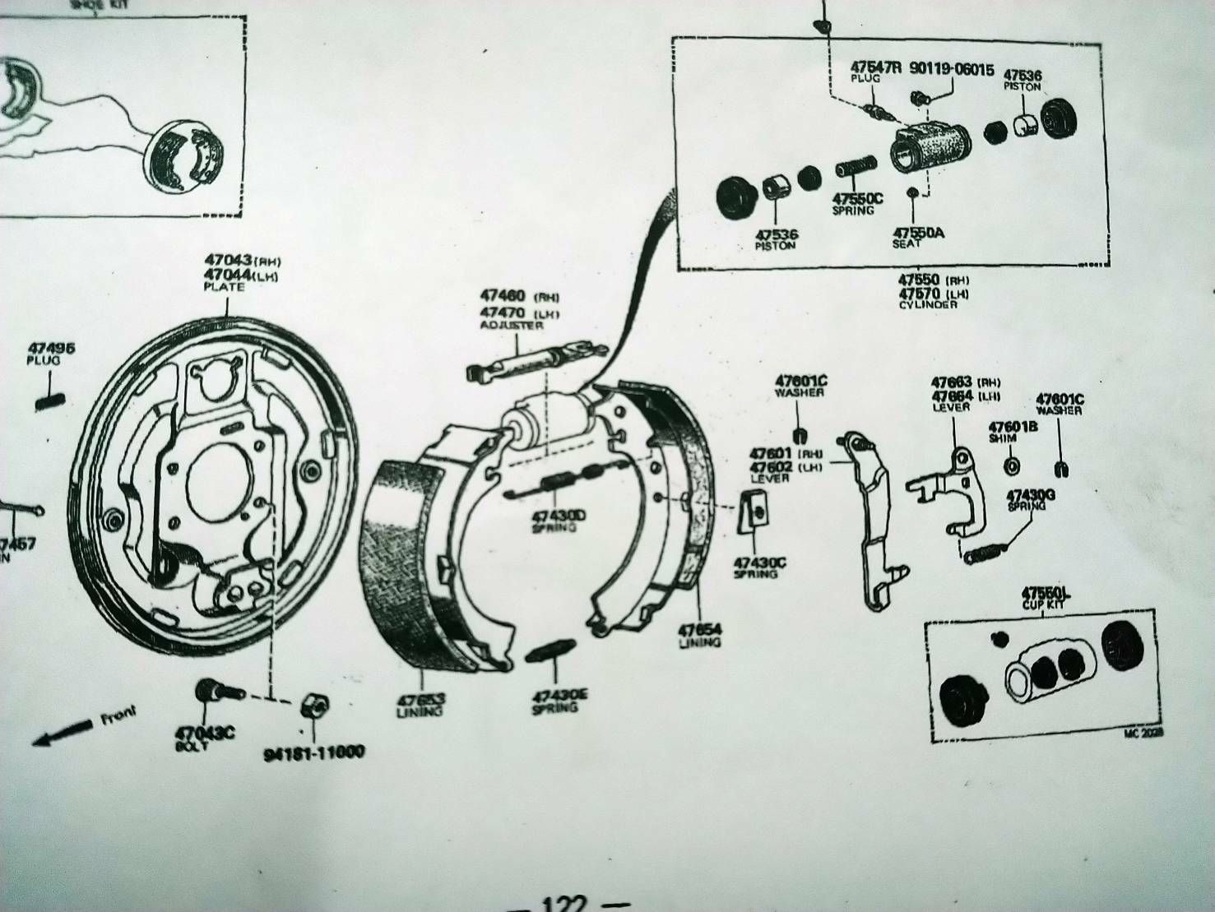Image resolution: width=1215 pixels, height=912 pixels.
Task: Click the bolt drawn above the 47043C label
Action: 216,692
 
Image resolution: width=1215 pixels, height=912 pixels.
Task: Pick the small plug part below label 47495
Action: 52,401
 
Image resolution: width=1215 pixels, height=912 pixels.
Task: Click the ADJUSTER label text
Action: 511,326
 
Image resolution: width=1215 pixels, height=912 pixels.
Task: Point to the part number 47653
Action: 420,701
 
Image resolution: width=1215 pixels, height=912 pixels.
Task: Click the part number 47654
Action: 699,630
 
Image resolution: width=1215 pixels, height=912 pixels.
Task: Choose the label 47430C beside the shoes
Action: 759,562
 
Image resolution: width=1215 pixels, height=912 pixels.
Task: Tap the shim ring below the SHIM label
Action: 1011,466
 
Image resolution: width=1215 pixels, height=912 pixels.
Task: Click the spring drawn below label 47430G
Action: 988,552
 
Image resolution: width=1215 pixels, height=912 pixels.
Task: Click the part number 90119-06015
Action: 952,70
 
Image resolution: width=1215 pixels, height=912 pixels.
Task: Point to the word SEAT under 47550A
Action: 908,244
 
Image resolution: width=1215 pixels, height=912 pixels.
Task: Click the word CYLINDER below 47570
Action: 927,304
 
